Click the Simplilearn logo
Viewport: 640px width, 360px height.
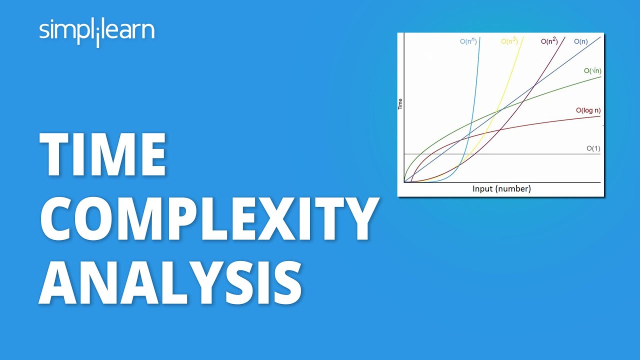(x=96, y=31)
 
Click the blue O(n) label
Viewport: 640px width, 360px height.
(x=580, y=42)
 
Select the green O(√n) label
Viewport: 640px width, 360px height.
(x=592, y=71)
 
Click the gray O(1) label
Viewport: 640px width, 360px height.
(x=593, y=148)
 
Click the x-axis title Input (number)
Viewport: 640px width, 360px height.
(x=501, y=189)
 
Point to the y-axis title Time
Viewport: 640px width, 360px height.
(x=400, y=104)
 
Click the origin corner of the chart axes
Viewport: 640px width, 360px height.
(x=404, y=182)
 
